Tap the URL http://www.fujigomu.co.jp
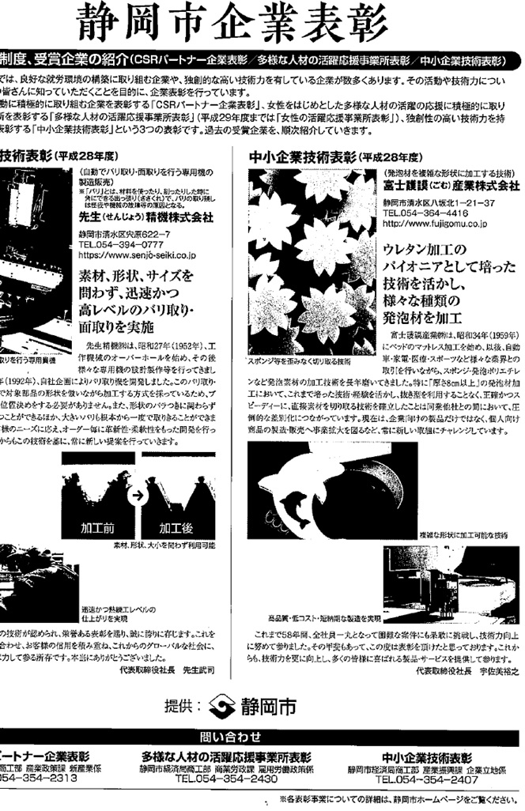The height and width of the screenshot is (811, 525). tap(434, 224)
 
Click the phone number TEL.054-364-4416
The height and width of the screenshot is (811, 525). tap(425, 213)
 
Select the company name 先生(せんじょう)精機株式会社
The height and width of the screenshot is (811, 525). tap(145, 217)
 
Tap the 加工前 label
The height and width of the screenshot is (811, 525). tap(100, 526)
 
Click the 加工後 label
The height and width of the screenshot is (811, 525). tap(176, 526)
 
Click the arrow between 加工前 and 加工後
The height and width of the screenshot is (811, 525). tap(136, 496)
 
